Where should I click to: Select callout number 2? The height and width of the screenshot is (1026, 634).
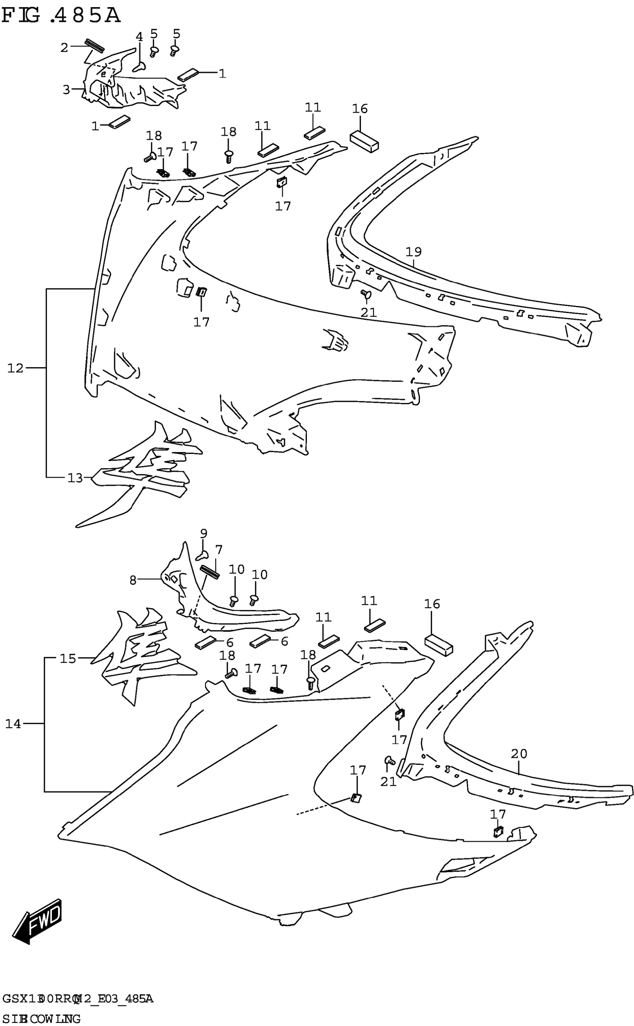(x=64, y=48)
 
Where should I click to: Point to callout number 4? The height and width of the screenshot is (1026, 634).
(x=139, y=37)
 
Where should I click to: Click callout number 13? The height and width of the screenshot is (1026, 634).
(x=75, y=478)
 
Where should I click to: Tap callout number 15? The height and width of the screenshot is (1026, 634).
(x=68, y=659)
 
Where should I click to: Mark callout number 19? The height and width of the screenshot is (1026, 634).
(x=414, y=252)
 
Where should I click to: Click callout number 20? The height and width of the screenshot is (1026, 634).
(x=519, y=754)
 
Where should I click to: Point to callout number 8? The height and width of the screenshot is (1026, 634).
(x=132, y=580)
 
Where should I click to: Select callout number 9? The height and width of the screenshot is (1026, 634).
(x=203, y=534)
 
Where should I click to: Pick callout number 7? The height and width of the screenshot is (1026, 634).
(x=219, y=550)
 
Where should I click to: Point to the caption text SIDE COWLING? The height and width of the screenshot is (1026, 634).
(x=41, y=1019)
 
